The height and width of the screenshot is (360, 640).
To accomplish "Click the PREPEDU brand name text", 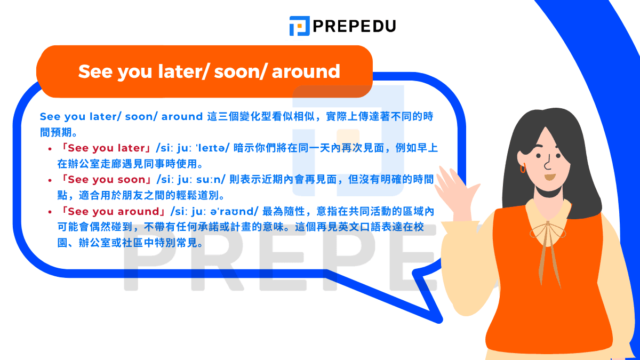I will (354, 26).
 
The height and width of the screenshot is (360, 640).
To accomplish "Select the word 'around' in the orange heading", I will (306, 71).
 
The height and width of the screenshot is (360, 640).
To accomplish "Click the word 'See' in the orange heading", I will (94, 71).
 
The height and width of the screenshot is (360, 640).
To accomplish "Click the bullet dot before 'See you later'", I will (50, 148).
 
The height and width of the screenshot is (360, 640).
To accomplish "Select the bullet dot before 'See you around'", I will (50, 212).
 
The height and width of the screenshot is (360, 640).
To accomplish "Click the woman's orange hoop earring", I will (523, 168).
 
